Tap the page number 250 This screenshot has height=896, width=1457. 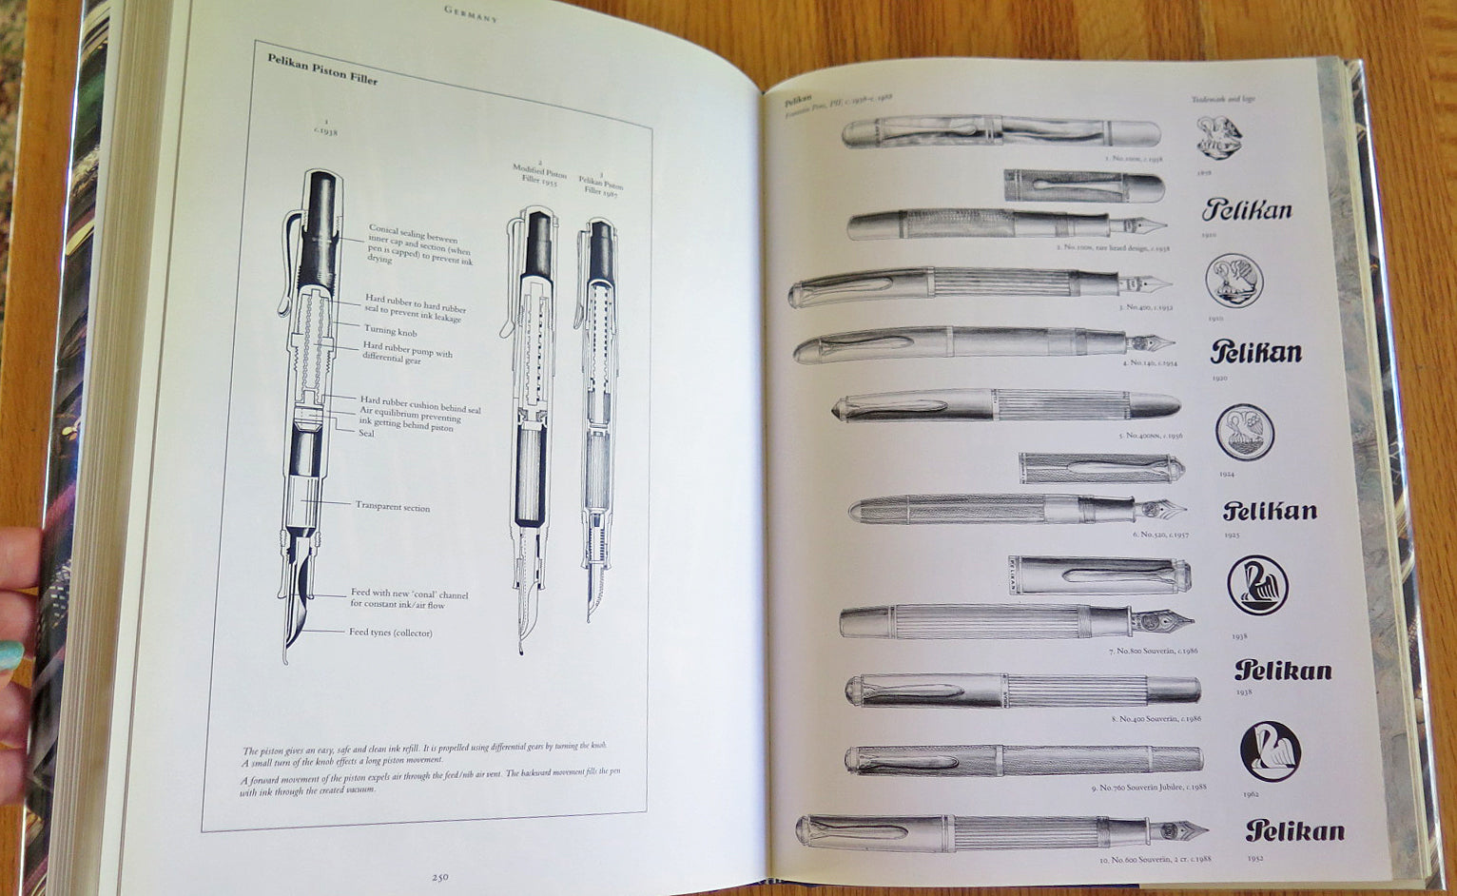point(439,877)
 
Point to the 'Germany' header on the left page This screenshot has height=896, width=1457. point(471,13)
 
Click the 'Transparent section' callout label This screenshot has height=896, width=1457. point(392,507)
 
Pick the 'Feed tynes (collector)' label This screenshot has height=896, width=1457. point(390,632)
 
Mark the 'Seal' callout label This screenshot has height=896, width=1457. point(366,434)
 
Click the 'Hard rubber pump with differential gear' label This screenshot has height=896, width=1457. point(406,353)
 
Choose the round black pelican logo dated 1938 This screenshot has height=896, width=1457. point(1257,586)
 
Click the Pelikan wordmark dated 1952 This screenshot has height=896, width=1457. point(1294,830)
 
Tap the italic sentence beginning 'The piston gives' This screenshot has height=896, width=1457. point(423,752)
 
